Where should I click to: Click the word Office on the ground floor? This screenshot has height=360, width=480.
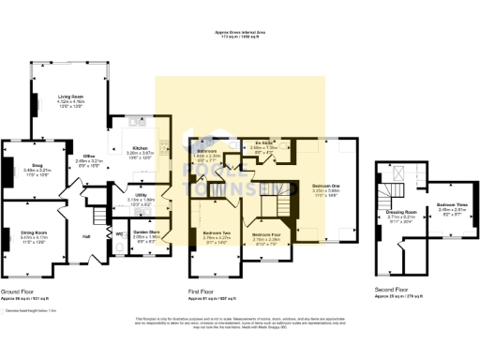coord(89,155)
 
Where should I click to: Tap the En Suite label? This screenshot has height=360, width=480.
coord(262,143)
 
